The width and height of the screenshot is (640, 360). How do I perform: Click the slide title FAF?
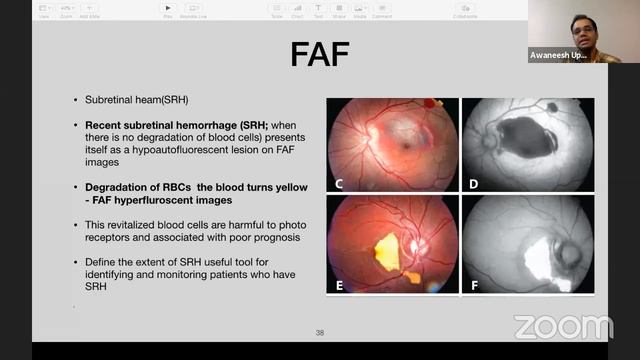tap(319, 54)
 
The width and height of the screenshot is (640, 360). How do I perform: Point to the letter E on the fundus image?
tap(339, 285)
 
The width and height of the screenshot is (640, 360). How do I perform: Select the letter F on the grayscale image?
tap(474, 285)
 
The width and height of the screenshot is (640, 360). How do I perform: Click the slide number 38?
tap(320, 333)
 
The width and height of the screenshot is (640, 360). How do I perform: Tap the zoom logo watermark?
tap(564, 326)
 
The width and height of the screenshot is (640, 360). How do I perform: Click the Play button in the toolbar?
tap(167, 10)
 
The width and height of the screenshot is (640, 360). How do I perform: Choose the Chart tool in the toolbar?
tap(296, 10)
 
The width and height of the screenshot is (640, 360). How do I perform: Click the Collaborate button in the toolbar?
tap(465, 10)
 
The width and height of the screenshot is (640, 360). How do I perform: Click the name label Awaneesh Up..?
tap(560, 55)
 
